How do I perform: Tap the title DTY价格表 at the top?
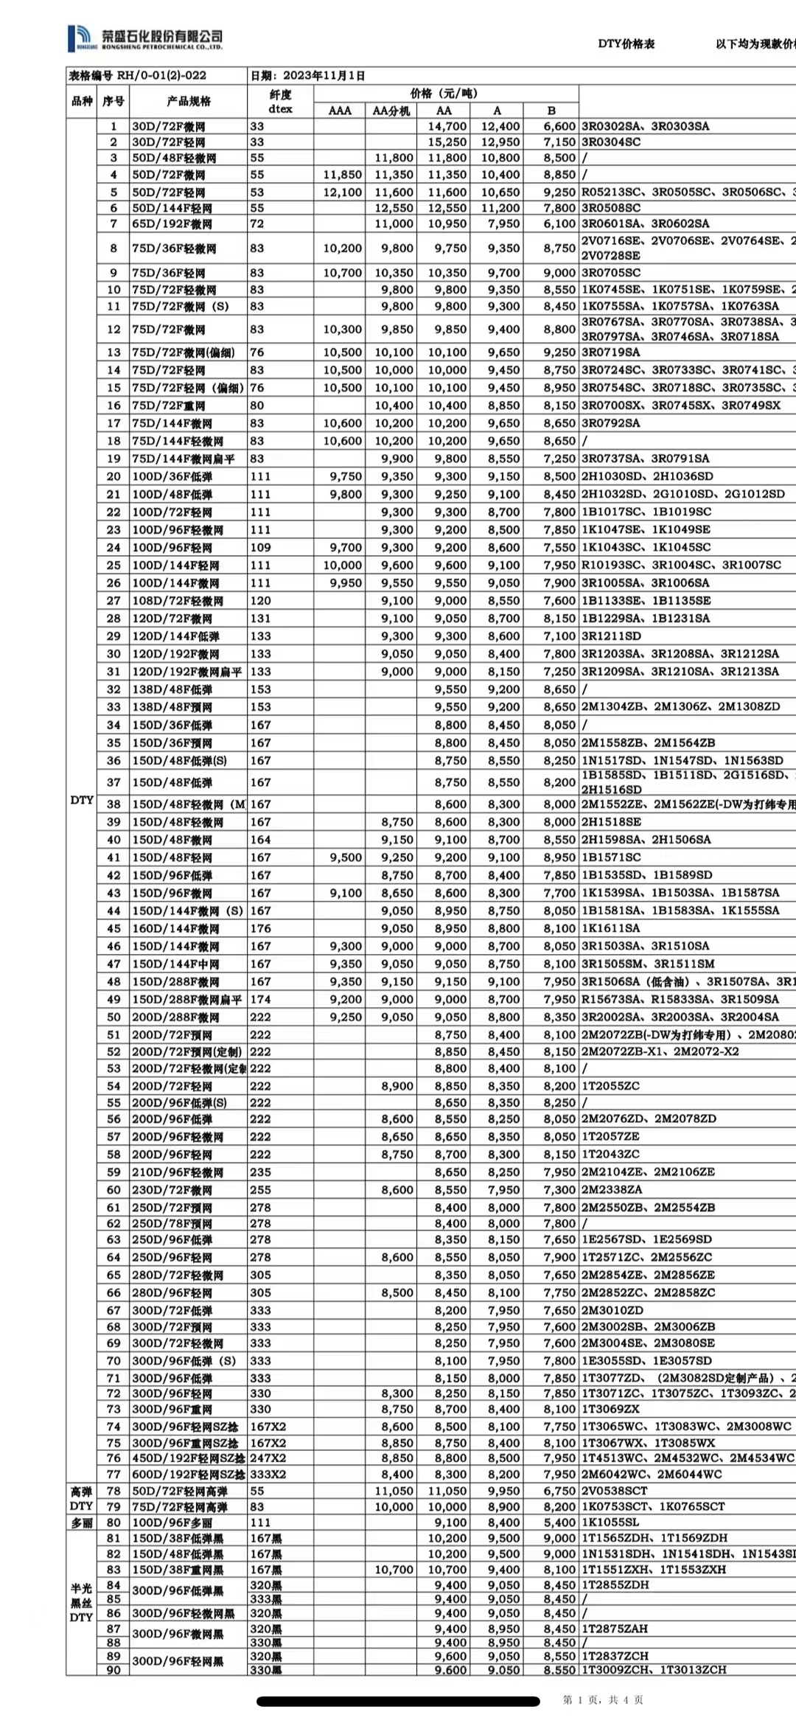click(x=626, y=44)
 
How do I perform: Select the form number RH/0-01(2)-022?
click(x=138, y=75)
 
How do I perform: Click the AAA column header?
click(x=339, y=111)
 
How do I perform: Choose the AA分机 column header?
click(x=391, y=111)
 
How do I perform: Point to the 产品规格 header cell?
click(x=189, y=101)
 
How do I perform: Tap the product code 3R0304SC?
click(x=611, y=142)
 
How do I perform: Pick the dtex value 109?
click(x=260, y=548)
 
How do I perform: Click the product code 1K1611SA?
click(x=611, y=929)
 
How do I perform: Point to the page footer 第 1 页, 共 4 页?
click(x=603, y=1700)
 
